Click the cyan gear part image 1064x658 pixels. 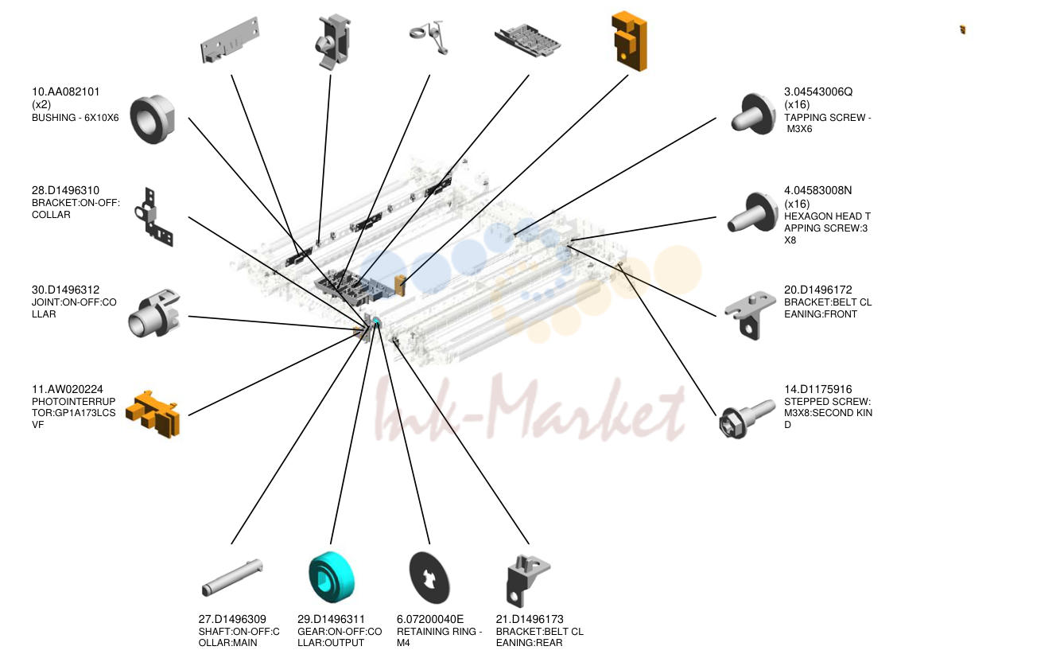point(332,577)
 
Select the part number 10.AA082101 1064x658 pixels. point(65,91)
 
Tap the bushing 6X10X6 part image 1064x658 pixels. point(153,119)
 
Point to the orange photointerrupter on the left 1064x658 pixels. point(153,414)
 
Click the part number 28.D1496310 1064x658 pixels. point(65,190)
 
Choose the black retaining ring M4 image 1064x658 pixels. point(429,578)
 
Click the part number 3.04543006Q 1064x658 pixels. point(818,91)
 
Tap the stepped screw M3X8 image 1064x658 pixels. point(747,419)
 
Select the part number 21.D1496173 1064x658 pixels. point(530,620)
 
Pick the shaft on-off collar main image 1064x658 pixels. point(232,577)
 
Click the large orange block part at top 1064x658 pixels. point(629,41)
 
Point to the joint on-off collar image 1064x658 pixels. point(154,313)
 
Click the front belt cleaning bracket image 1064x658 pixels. point(750,315)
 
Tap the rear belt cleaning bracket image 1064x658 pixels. point(528,581)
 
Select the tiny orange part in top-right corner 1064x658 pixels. point(962,29)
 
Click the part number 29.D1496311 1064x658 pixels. point(331,620)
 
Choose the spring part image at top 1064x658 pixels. point(429,37)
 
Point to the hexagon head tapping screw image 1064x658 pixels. point(752,213)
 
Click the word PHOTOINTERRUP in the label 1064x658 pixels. point(74,402)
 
